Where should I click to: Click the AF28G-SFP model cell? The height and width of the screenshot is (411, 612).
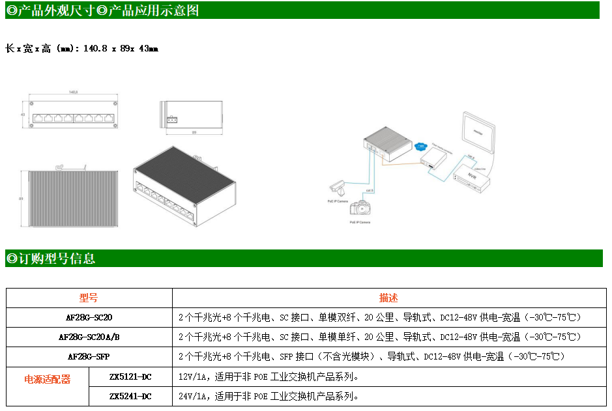(89, 356)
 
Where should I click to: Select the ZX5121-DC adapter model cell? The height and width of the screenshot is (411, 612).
(130, 376)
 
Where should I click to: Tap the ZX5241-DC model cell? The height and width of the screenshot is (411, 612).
(130, 396)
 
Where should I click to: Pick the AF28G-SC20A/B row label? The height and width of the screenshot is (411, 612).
(89, 337)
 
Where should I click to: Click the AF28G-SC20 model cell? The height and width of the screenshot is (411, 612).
(89, 317)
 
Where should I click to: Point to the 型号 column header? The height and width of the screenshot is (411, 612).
(89, 298)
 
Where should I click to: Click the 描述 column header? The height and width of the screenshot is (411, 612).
(388, 298)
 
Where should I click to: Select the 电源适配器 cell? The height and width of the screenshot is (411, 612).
(47, 379)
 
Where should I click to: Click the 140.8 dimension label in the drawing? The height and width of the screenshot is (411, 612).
(73, 93)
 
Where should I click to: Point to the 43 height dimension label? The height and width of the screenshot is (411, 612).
(23, 115)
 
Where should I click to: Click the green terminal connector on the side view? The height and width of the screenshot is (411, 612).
(173, 120)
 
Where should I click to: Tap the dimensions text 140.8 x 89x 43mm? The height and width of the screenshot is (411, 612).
(121, 48)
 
